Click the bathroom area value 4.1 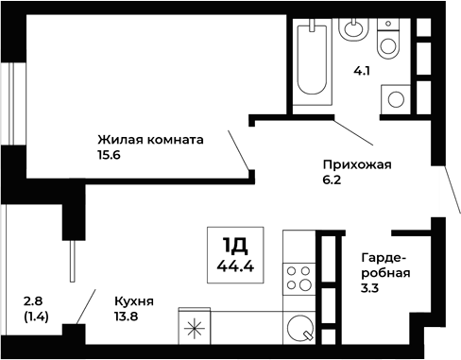(x=363, y=70)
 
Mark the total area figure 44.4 (x=234, y=266)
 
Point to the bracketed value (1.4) (x=36, y=317)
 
